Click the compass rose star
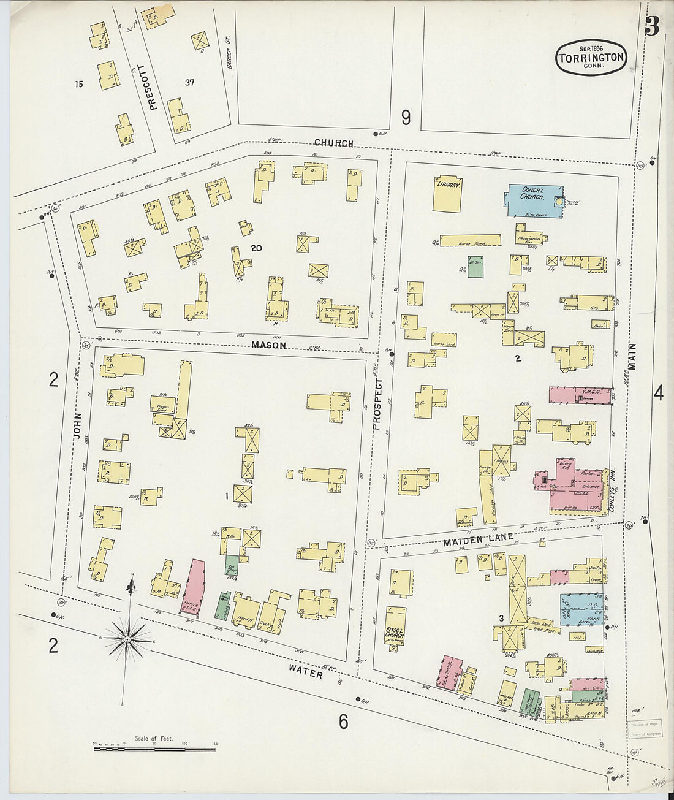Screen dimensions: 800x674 tap(127, 639)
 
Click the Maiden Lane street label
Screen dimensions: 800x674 tap(469, 538)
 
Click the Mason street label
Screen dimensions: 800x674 tap(269, 345)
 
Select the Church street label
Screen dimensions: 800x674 tap(334, 143)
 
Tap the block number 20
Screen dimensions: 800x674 tap(256, 248)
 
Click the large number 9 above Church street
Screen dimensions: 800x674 tap(406, 117)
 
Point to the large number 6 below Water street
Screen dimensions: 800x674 tap(343, 722)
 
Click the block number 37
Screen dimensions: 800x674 tap(189, 82)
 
